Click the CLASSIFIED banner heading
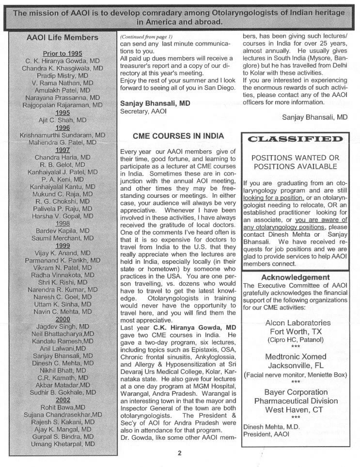(x=295, y=140)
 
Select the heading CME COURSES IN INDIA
(x=178, y=136)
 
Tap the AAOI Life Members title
(x=63, y=37)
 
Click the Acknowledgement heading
(x=295, y=277)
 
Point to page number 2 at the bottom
(x=179, y=453)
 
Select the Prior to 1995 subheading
(x=63, y=53)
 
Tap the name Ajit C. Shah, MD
(x=63, y=120)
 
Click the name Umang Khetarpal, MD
(x=63, y=444)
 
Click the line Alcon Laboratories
(x=298, y=322)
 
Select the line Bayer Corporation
(x=296, y=392)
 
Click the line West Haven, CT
(x=296, y=410)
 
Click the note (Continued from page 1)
(x=146, y=37)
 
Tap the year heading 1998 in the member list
(x=63, y=224)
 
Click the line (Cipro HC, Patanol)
(x=296, y=340)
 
